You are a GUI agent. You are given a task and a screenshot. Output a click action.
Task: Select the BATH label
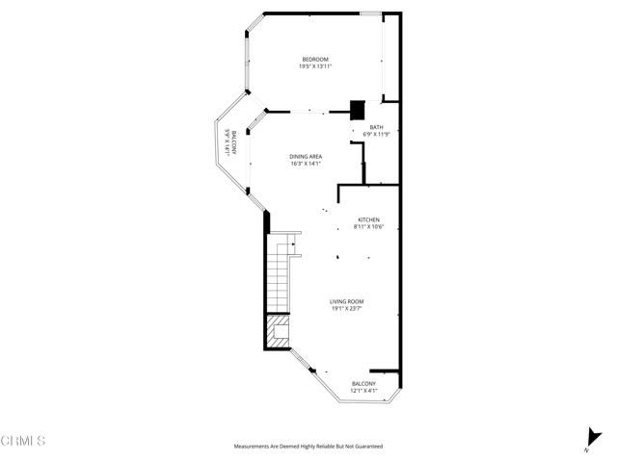tap(376, 127)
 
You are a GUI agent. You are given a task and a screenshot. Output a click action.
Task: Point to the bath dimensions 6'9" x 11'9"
tap(376, 134)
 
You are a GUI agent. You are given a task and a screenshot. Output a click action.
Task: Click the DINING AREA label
tap(306, 157)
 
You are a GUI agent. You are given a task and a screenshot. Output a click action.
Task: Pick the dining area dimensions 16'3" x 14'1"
tap(306, 164)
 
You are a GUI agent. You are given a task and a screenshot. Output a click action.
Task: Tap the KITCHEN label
tap(369, 219)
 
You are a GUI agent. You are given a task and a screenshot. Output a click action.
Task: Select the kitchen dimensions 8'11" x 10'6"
tap(369, 226)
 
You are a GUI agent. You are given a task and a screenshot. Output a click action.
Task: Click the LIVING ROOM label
tap(348, 301)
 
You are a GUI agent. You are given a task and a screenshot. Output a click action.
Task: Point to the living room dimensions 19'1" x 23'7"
tap(348, 308)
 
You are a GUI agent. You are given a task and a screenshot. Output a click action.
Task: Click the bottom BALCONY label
tap(363, 384)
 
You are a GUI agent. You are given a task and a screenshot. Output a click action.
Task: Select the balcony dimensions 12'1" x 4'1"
tap(363, 391)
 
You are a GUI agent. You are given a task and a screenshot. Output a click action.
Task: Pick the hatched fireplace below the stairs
tap(276, 332)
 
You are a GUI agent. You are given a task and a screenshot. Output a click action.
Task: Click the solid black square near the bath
tap(357, 110)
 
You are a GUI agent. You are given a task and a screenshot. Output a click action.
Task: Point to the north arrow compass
tap(589, 439)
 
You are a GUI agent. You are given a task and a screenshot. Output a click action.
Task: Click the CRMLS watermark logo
tap(23, 441)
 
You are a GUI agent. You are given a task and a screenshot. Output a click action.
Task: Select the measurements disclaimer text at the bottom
tap(308, 447)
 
